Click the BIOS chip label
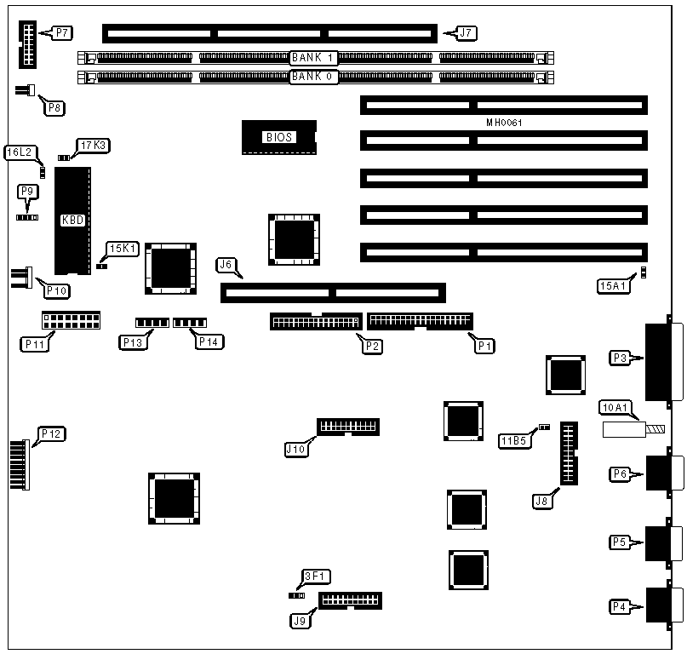coord(278,136)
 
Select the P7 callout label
coord(61,33)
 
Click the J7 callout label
coord(466,33)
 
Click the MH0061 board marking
coord(504,123)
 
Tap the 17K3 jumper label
coord(94,146)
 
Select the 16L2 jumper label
coord(20,152)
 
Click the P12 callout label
coord(52,434)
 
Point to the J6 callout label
coord(226,265)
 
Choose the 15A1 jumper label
coord(611,287)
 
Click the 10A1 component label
coord(615,407)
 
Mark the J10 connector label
coord(295,449)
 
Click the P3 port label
coord(620,359)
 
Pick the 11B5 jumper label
coord(514,440)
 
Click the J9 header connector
coord(350,600)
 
